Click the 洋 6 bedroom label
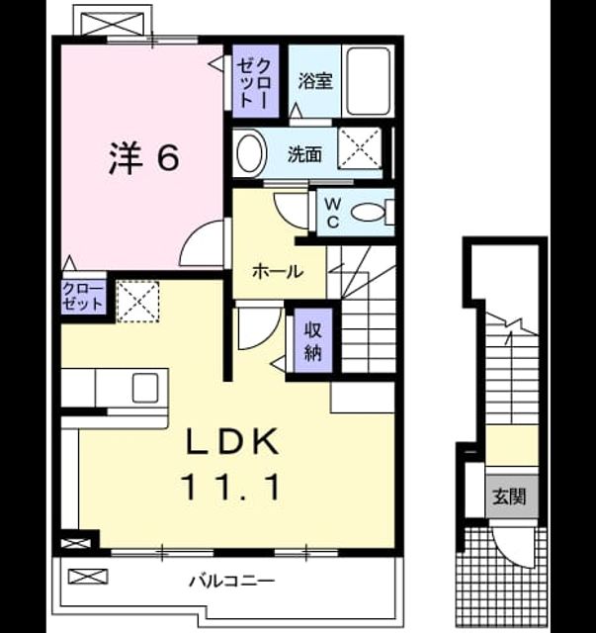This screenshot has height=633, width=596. point(143,158)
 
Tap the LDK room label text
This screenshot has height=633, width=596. point(232,441)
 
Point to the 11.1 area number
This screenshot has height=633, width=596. point(231,487)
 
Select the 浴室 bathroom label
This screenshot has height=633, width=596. point(315,81)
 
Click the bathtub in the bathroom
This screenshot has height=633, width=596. point(369,82)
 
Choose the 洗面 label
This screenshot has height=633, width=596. point(304,154)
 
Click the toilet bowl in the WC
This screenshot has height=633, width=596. point(368,213)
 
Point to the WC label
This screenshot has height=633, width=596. point(332,214)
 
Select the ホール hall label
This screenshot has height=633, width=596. point(278,272)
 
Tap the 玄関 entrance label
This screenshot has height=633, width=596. point(509,497)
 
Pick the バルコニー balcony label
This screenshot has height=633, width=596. point(232,582)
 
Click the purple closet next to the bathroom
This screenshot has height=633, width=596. point(255,81)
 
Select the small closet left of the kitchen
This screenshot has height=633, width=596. point(84,297)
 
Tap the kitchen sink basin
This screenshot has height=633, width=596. point(145,388)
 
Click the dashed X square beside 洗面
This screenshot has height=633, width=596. point(359,147)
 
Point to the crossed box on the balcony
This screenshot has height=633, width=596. point(88,577)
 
